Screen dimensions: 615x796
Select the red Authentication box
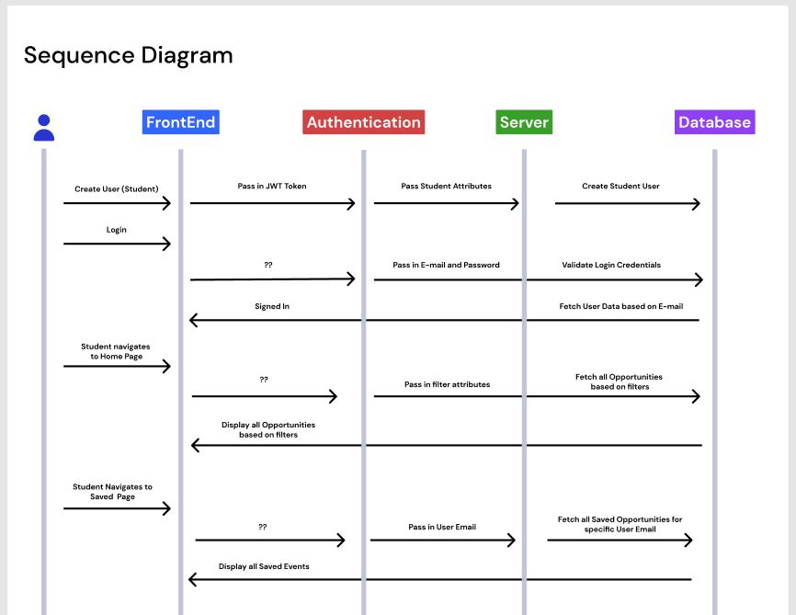point(363,122)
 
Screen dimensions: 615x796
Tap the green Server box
point(523,122)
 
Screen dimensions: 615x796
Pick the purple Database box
point(714,122)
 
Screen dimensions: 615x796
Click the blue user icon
point(43,127)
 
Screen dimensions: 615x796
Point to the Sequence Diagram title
point(128,55)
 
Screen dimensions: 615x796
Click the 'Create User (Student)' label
point(117,188)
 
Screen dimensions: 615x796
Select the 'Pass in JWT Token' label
point(272,186)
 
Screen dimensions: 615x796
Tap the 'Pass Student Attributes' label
point(446,186)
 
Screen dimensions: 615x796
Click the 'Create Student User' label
point(620,186)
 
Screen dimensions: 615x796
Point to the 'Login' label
point(116,229)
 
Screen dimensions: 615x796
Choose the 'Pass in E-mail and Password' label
point(446,265)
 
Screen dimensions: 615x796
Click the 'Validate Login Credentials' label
point(611,265)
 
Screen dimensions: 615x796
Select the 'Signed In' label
point(272,306)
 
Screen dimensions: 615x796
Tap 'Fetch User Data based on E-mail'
point(620,306)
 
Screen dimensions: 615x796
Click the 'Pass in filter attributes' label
point(447,384)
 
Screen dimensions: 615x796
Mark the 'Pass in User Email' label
point(442,528)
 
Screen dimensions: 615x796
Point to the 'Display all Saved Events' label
point(264,566)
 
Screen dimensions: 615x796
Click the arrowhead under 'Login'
point(167,244)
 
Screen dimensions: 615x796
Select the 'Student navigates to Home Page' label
point(116,351)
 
